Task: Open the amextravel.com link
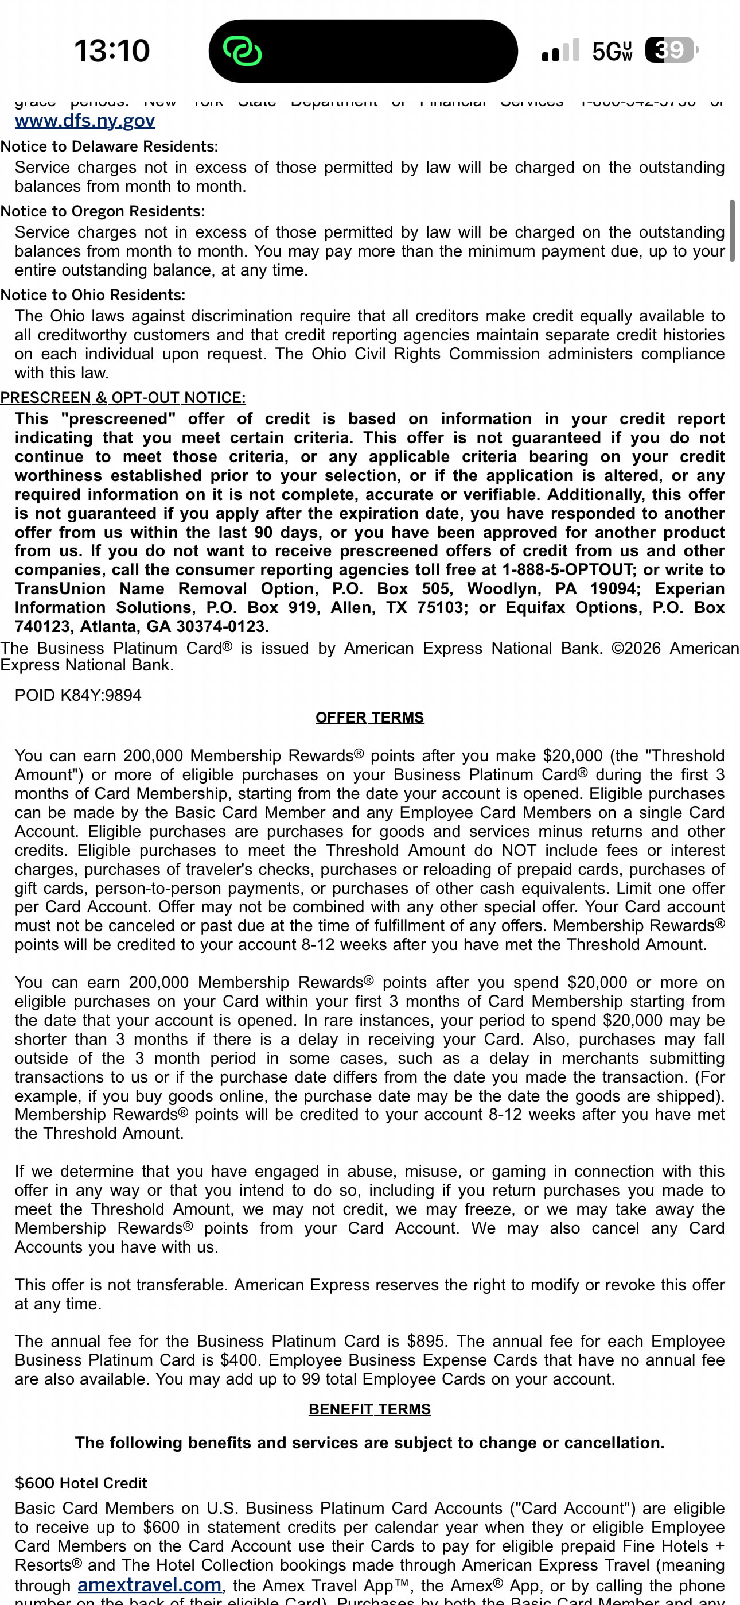point(149,1584)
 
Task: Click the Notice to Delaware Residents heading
point(110,146)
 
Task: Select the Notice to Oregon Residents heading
point(103,211)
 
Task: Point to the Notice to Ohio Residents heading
point(94,294)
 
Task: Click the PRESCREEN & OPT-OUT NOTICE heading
point(123,397)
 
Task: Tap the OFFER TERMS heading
point(369,718)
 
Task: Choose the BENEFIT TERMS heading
point(369,1409)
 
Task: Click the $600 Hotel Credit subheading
point(81,1483)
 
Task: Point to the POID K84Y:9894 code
point(79,695)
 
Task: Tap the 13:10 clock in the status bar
point(112,51)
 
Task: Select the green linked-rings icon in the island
point(242,51)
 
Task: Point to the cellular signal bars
point(560,51)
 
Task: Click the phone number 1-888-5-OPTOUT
point(567,569)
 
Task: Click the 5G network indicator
point(612,51)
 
